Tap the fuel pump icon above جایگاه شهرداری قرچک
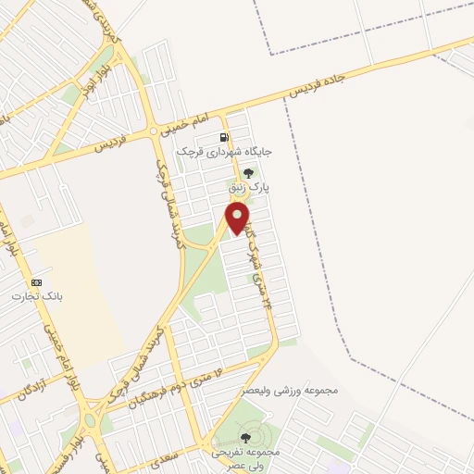(224, 138)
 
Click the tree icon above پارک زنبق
(247, 172)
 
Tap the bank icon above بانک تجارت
(36, 281)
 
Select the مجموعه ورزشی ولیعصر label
(291, 390)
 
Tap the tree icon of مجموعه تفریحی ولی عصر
(245, 437)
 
